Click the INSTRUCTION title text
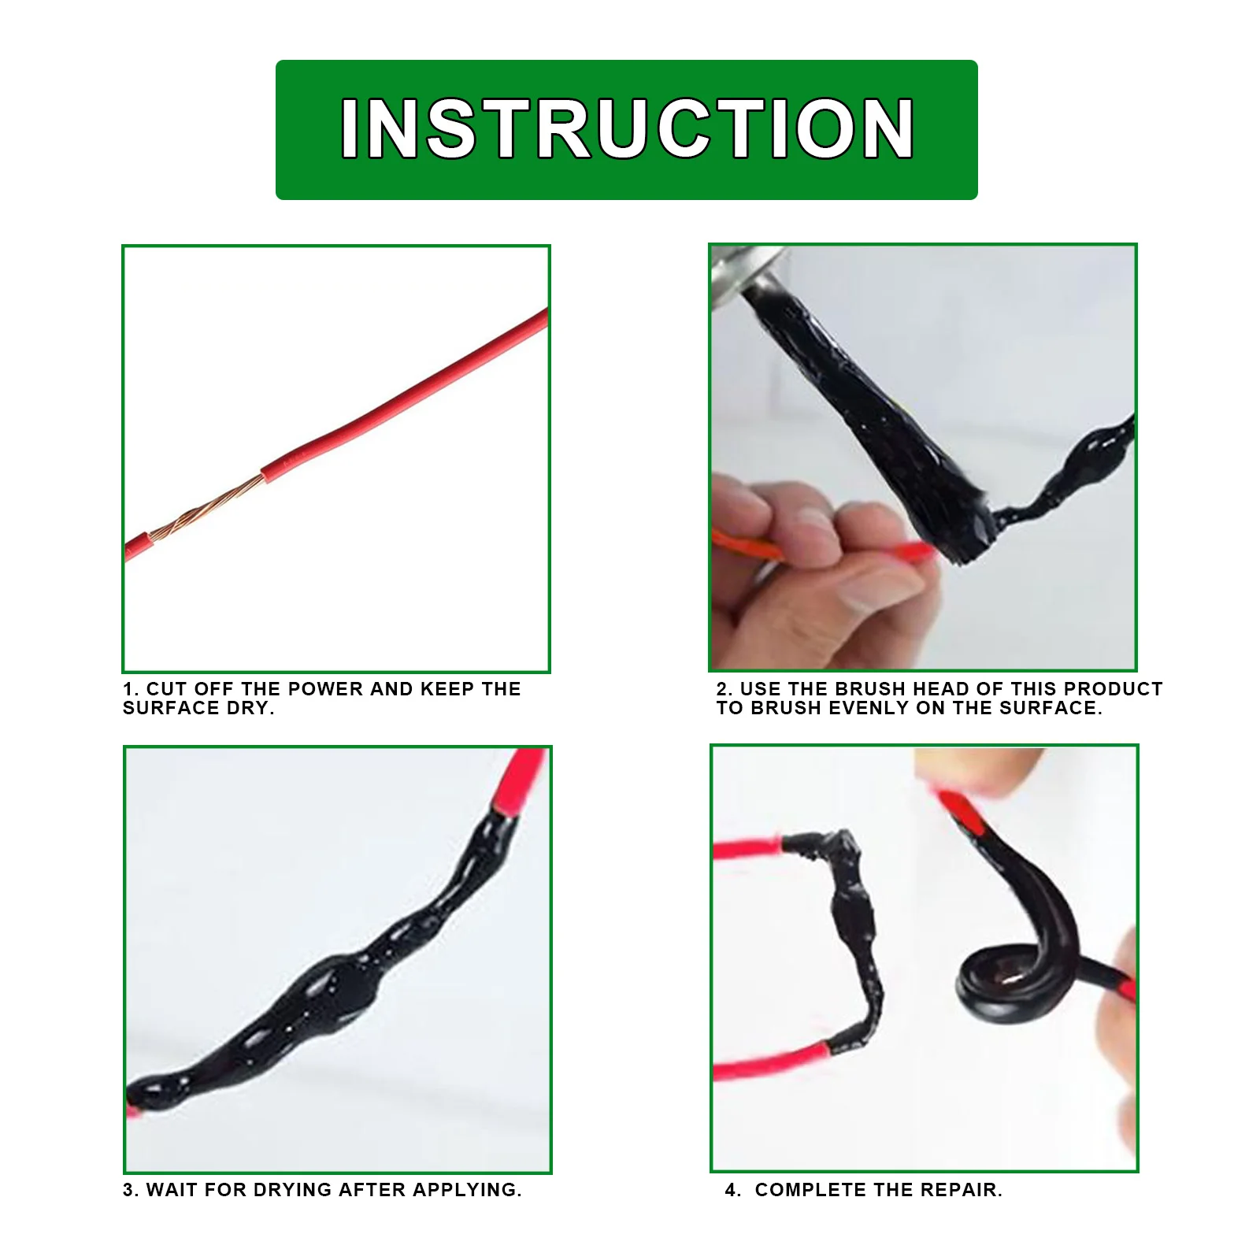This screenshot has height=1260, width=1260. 627,129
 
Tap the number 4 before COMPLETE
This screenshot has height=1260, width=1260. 730,1190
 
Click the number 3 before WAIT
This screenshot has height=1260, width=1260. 128,1190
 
